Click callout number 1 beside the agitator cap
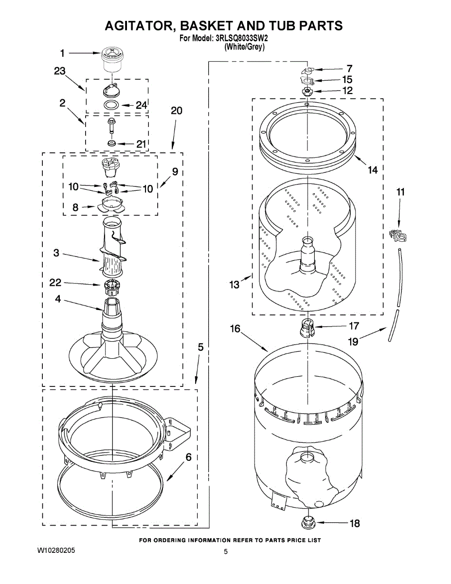(62, 53)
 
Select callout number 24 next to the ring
(141, 105)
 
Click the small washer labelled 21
(112, 144)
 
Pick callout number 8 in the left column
(75, 207)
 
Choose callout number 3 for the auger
(56, 253)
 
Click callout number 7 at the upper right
(349, 69)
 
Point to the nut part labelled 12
(307, 91)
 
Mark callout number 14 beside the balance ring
(372, 170)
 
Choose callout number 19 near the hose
(353, 342)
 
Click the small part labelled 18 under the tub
(307, 523)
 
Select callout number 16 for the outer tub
(235, 329)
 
